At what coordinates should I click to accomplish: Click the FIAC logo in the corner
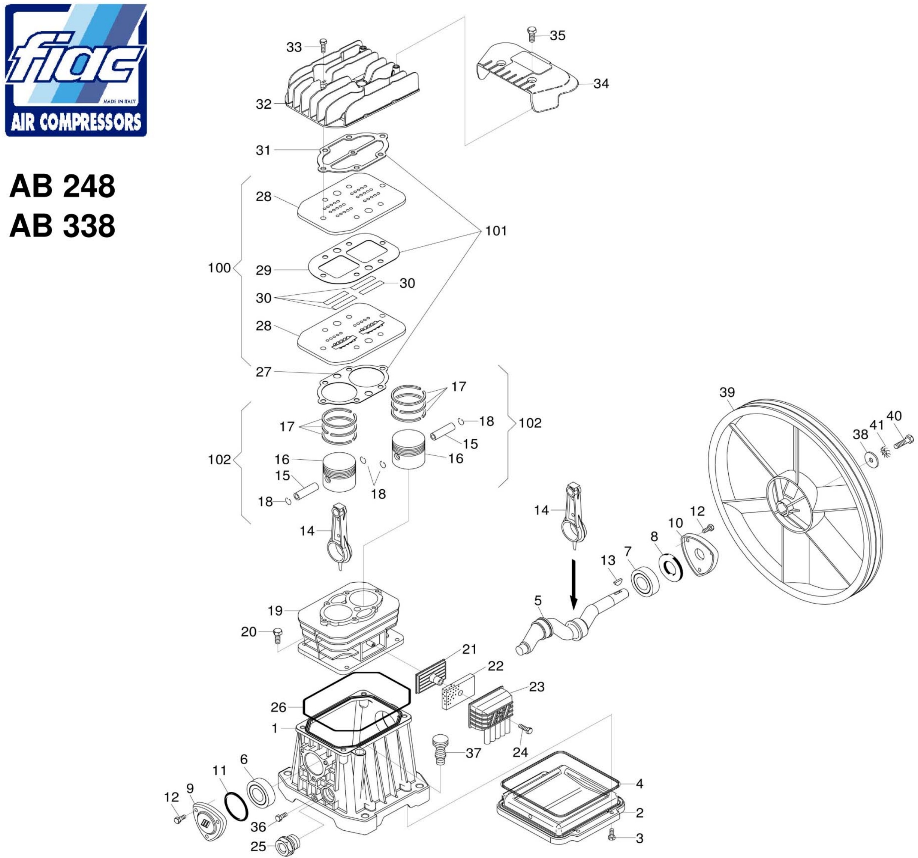[x=76, y=70]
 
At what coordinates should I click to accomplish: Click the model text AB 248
[x=62, y=186]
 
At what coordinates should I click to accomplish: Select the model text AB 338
[x=62, y=226]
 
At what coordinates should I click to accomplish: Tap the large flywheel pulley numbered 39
[x=796, y=503]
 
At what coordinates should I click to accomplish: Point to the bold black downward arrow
[x=573, y=585]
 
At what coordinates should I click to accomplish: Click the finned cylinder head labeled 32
[x=352, y=85]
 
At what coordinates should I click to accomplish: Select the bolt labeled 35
[x=532, y=35]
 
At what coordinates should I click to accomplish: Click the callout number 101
[x=496, y=230]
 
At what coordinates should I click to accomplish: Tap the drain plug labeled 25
[x=287, y=844]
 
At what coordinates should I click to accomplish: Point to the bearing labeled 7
[x=644, y=581]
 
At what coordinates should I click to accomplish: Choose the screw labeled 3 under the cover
[x=612, y=834]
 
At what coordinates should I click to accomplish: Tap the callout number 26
[x=278, y=707]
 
